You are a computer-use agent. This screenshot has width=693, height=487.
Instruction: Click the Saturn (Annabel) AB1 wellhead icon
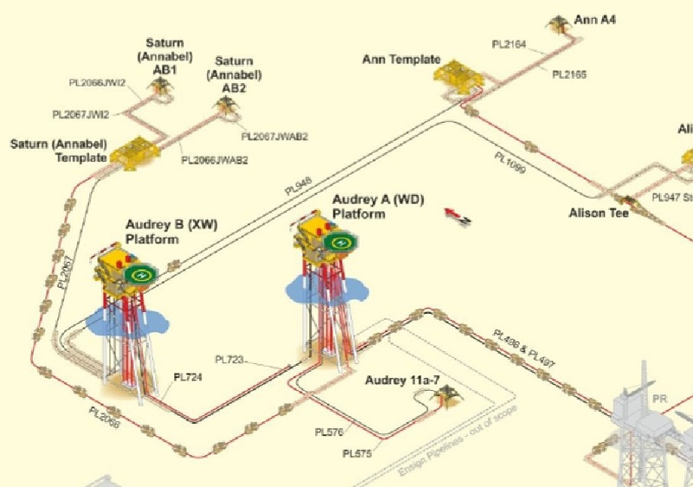(159, 84)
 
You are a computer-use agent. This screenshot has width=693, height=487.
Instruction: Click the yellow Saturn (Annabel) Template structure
(132, 151)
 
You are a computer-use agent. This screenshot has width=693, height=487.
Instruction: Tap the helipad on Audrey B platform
(139, 275)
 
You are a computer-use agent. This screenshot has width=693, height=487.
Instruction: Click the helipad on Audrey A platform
(339, 243)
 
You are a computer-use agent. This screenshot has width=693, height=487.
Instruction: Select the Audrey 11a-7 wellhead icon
(448, 395)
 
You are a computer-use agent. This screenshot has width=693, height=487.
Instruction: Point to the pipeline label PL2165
(569, 75)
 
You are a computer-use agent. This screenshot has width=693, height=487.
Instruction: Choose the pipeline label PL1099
(510, 163)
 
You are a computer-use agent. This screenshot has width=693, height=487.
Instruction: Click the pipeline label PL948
(297, 185)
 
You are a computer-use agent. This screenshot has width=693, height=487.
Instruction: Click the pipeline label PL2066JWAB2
(214, 159)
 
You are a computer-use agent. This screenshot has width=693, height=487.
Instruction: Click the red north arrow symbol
(457, 215)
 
